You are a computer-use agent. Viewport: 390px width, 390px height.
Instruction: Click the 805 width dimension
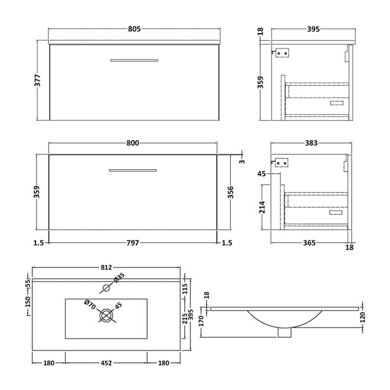[x=135, y=29]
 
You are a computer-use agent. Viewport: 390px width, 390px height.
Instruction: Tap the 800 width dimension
[x=133, y=143]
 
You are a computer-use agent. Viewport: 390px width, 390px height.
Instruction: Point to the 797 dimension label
[x=133, y=243]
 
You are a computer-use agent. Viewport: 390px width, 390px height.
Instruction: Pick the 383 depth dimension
[x=311, y=143]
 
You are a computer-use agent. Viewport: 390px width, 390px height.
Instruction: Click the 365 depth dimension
[x=310, y=243]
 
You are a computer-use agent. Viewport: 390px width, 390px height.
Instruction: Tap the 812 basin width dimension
[x=106, y=267]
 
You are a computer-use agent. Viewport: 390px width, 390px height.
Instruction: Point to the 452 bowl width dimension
[x=106, y=363]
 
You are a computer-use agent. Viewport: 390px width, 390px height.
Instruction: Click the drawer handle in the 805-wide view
[x=134, y=60]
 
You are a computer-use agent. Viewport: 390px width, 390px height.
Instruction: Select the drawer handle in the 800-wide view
[x=133, y=170]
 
